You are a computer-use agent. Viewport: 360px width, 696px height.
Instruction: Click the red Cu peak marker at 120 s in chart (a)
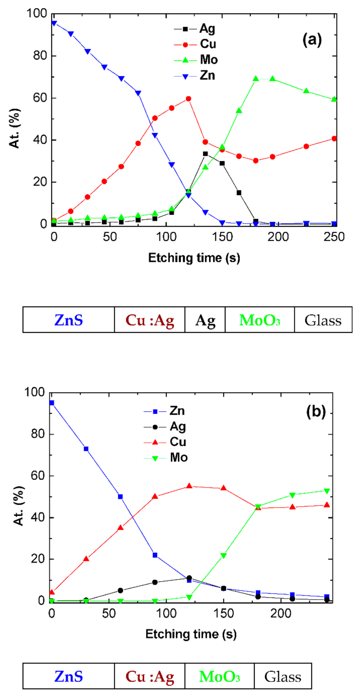(188, 99)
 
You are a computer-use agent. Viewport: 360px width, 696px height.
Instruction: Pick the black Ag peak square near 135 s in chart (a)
(205, 154)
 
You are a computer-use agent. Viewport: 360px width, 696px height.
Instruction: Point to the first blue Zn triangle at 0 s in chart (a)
(54, 23)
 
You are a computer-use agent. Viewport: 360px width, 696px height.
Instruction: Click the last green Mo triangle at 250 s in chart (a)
(334, 99)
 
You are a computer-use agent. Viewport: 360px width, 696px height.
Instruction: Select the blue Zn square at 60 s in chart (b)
(121, 497)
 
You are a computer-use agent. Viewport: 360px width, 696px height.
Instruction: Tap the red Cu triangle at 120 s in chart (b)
(189, 486)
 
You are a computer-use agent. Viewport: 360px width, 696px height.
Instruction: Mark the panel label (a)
(312, 40)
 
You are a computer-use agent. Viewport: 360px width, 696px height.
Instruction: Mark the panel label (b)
(316, 412)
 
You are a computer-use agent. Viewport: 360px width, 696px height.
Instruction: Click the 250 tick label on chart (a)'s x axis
(334, 237)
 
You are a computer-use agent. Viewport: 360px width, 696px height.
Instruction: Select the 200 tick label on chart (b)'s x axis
(281, 614)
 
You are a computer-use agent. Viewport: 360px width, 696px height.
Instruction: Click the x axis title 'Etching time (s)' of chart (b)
(191, 634)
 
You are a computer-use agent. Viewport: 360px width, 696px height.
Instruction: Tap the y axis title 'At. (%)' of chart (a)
(15, 128)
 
